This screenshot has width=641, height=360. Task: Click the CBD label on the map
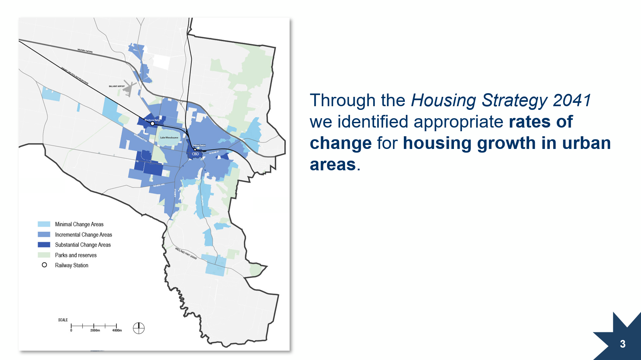tap(195, 154)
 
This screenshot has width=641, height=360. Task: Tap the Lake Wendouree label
tap(169, 138)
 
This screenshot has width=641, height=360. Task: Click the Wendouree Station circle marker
tap(153, 124)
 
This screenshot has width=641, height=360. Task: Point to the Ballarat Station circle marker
tap(195, 150)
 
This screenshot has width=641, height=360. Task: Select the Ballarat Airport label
tap(117, 86)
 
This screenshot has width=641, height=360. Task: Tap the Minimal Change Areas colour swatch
tap(44, 224)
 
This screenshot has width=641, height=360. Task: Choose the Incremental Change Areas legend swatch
tap(44, 234)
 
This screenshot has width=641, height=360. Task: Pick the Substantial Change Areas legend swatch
tap(44, 245)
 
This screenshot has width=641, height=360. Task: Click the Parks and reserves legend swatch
tap(44, 255)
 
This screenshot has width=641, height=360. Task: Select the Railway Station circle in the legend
tap(44, 265)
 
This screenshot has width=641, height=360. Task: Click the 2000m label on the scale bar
tap(95, 331)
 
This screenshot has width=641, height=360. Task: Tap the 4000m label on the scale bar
tap(117, 331)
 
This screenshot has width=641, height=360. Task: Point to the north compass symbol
tap(139, 328)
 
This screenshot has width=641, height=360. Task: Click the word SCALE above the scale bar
tap(63, 320)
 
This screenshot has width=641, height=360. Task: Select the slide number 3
tap(623, 344)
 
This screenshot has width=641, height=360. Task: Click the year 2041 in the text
tap(572, 100)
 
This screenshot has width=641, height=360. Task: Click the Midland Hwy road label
tap(186, 253)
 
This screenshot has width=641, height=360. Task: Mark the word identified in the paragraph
tap(373, 122)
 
